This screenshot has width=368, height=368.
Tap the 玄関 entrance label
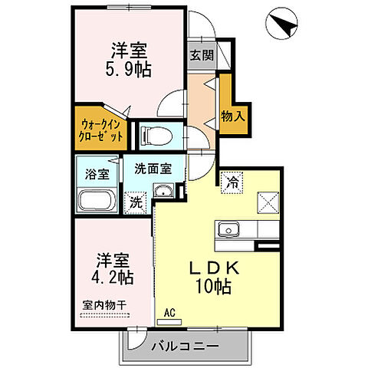pyautogui.click(x=202, y=55)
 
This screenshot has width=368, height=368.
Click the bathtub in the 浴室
pyautogui.click(x=97, y=202)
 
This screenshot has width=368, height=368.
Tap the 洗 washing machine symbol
pyautogui.click(x=135, y=203)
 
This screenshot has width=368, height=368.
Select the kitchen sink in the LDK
pyautogui.click(x=228, y=230)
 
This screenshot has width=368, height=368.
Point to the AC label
pyautogui.click(x=173, y=312)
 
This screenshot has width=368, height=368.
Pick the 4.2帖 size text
pyautogui.click(x=114, y=277)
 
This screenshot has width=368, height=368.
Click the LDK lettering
pyautogui.click(x=215, y=268)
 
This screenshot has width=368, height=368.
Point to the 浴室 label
pyautogui.click(x=97, y=172)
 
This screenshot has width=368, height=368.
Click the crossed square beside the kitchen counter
pyautogui.click(x=269, y=202)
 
